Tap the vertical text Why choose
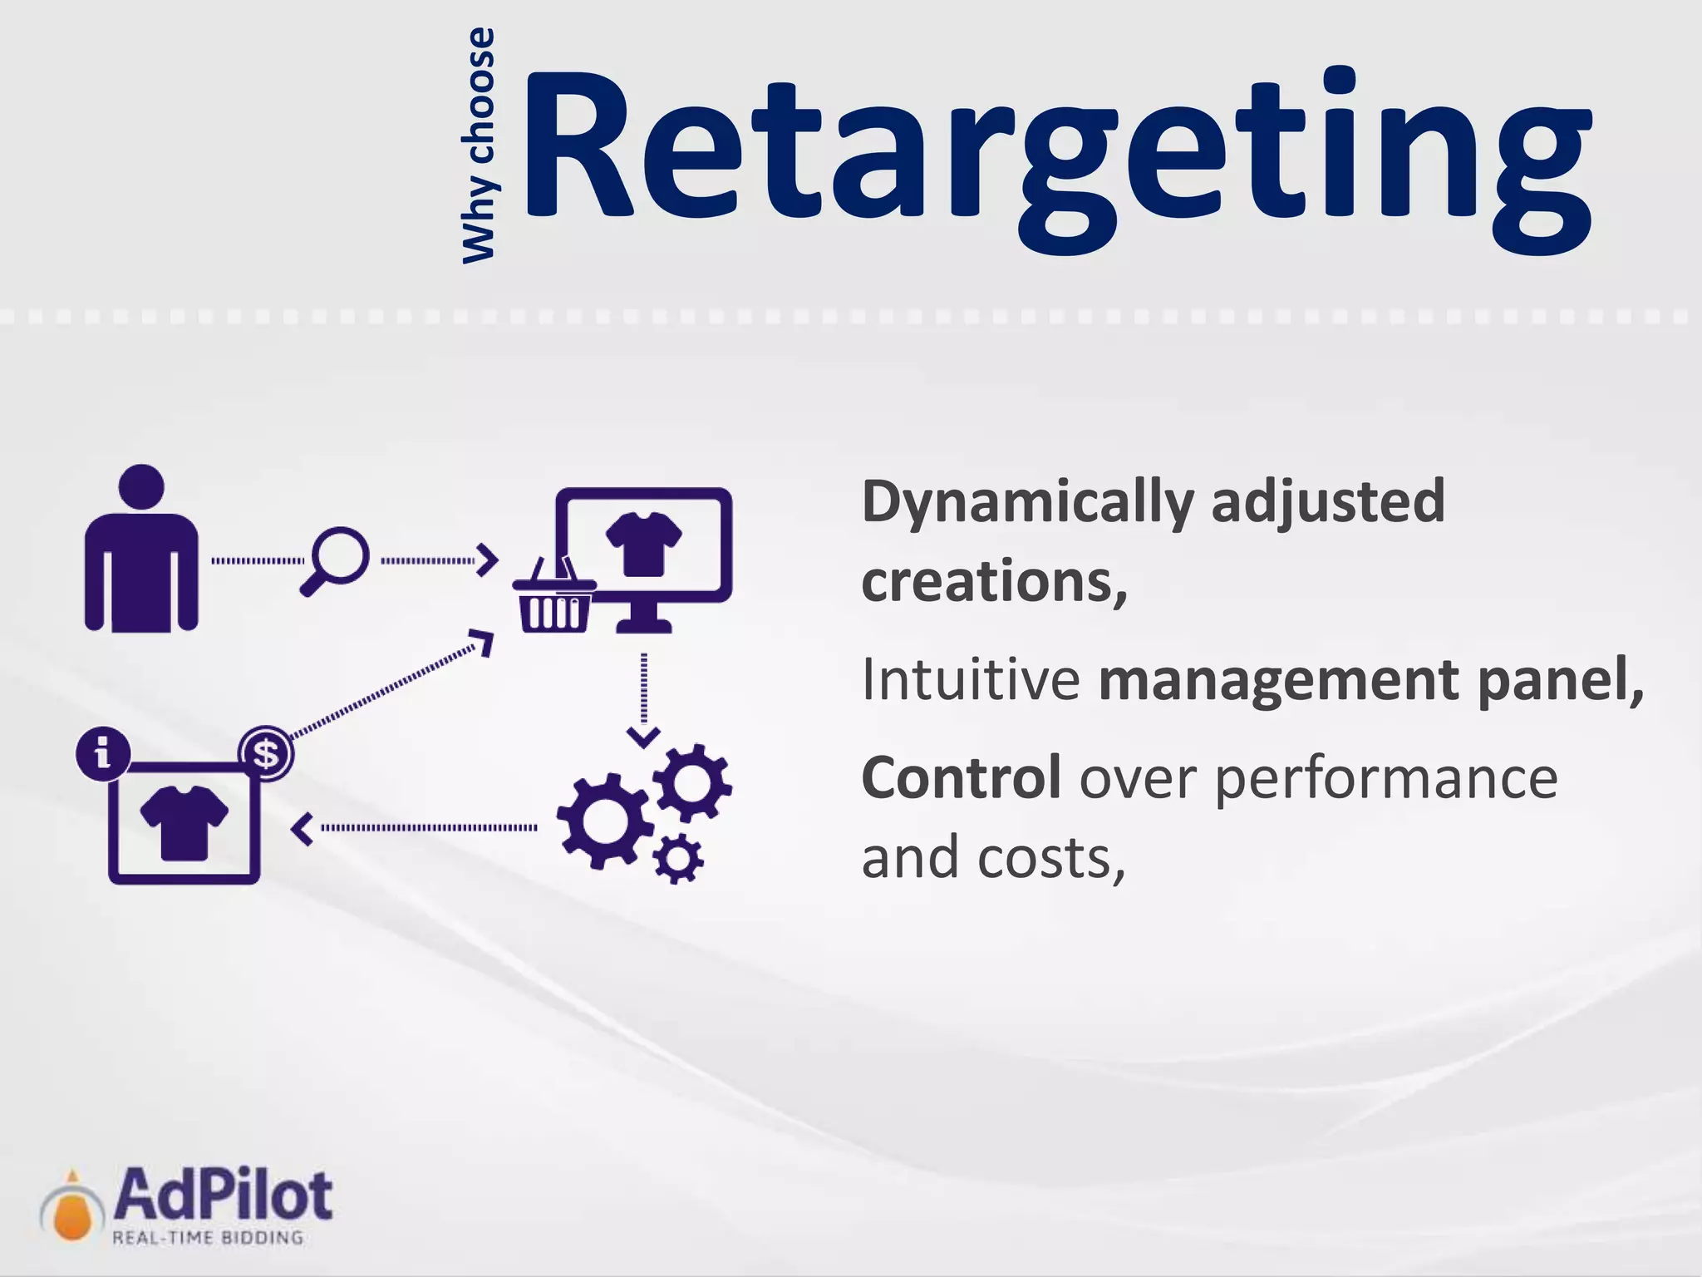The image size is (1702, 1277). [x=479, y=145]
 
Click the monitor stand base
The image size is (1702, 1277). [x=643, y=625]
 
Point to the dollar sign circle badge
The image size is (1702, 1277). [x=266, y=754]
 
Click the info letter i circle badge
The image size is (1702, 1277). [x=103, y=754]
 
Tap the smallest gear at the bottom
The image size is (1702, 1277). [x=678, y=857]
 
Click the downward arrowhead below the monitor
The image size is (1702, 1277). [x=643, y=737]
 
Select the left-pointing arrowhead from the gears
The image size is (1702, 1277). [x=303, y=829]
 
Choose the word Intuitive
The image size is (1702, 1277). [x=970, y=680]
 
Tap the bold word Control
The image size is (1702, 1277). [x=961, y=778]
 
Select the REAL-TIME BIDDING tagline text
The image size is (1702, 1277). [x=208, y=1238]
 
